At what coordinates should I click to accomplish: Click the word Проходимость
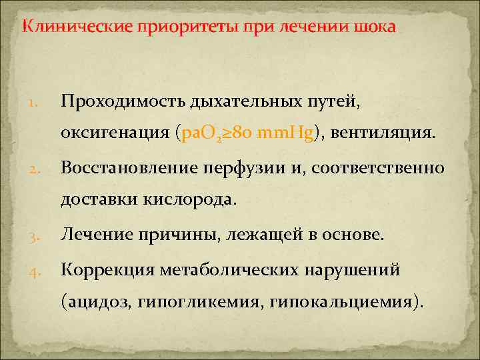tap(123, 101)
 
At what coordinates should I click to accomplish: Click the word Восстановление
tap(132, 167)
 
